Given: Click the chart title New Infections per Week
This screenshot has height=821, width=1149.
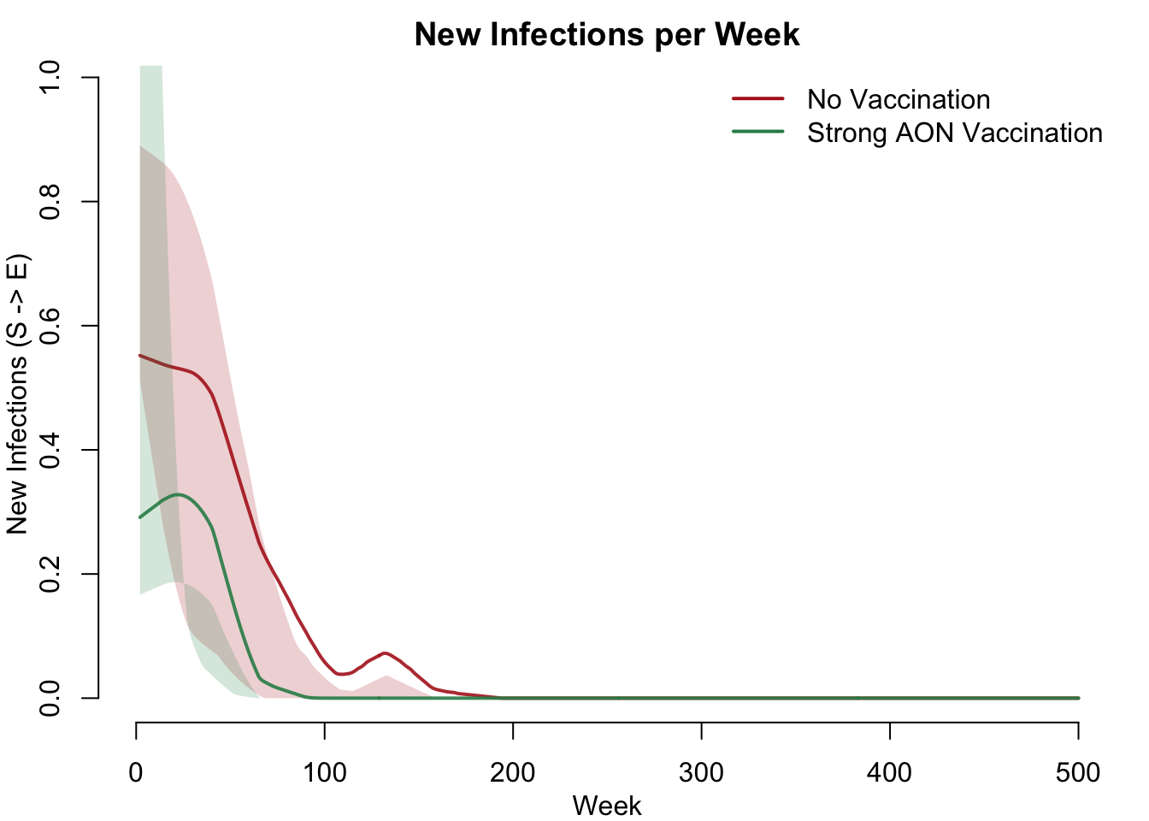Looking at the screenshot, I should coord(607,34).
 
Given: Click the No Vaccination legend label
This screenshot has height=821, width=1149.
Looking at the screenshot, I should coord(898,99).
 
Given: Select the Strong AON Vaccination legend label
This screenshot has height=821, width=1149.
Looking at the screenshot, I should coord(954,133).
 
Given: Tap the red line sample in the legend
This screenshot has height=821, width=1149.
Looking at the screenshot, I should coord(758,99).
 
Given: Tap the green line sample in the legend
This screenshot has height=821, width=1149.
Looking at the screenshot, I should coord(758,132).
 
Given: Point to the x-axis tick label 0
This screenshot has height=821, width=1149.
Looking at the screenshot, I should coord(136,772).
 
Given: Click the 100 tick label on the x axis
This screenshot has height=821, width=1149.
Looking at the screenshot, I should coord(325,772).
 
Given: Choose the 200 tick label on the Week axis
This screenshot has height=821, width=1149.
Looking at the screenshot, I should coord(513,772).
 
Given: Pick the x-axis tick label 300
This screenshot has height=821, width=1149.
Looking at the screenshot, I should coord(701,772).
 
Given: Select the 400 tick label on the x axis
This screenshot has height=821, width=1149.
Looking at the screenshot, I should coord(890,772).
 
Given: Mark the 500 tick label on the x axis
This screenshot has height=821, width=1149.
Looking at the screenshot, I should coord(1078,772).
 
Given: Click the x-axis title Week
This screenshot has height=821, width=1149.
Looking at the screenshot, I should coord(607,806).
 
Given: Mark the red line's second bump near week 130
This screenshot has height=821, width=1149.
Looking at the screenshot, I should coord(386,653).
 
